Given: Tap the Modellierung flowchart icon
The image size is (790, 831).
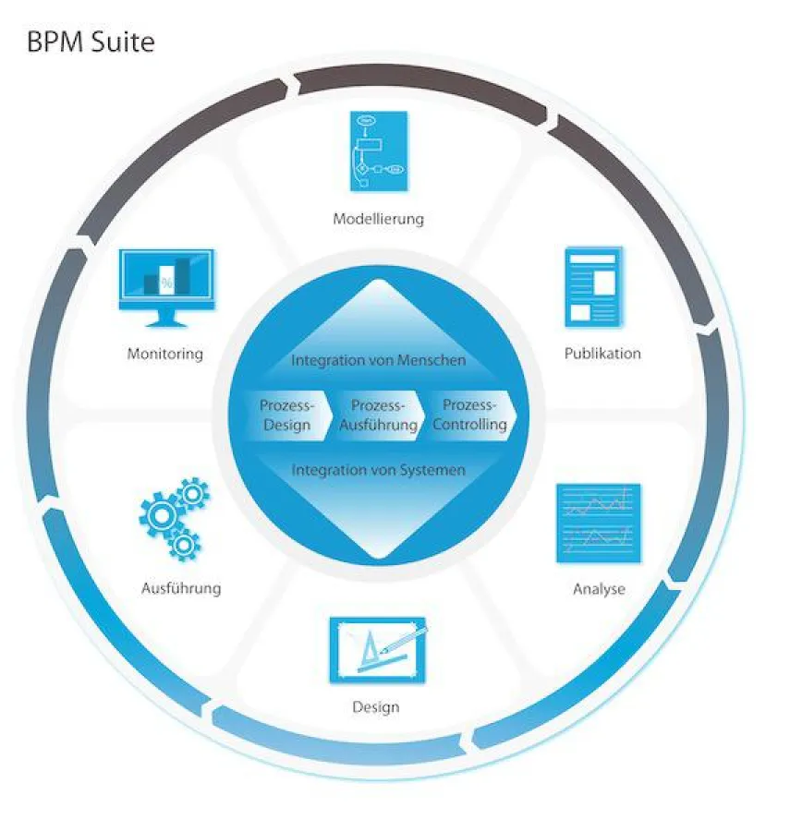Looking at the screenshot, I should [x=379, y=151].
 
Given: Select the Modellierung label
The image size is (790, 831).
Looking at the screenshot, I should [x=379, y=219].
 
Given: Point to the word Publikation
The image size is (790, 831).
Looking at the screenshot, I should [x=602, y=354].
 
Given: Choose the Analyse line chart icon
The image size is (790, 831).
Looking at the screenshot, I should [x=598, y=523].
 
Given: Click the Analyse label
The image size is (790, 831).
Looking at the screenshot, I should [x=599, y=589].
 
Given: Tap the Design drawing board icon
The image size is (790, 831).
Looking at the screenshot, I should [x=377, y=650].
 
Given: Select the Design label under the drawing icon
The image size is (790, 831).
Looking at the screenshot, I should [x=376, y=707].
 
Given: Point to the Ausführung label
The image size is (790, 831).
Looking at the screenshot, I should [x=181, y=588].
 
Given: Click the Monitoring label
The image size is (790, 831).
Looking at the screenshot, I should [x=165, y=354].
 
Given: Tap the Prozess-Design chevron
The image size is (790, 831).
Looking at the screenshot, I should [x=286, y=415].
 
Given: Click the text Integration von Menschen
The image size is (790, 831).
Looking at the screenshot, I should [x=378, y=360].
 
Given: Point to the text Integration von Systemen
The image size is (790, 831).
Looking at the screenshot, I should [x=378, y=470].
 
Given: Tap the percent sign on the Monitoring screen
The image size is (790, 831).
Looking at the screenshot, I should [x=166, y=283].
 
